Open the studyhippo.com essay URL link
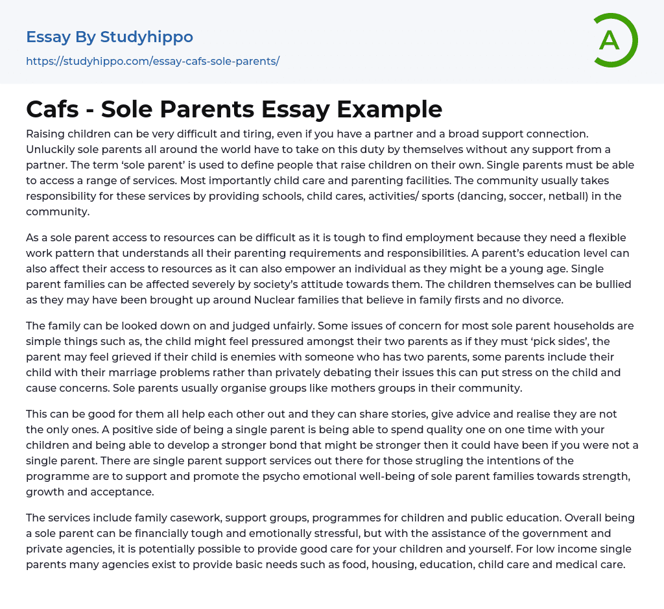tap(152, 62)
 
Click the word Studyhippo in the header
tap(147, 37)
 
